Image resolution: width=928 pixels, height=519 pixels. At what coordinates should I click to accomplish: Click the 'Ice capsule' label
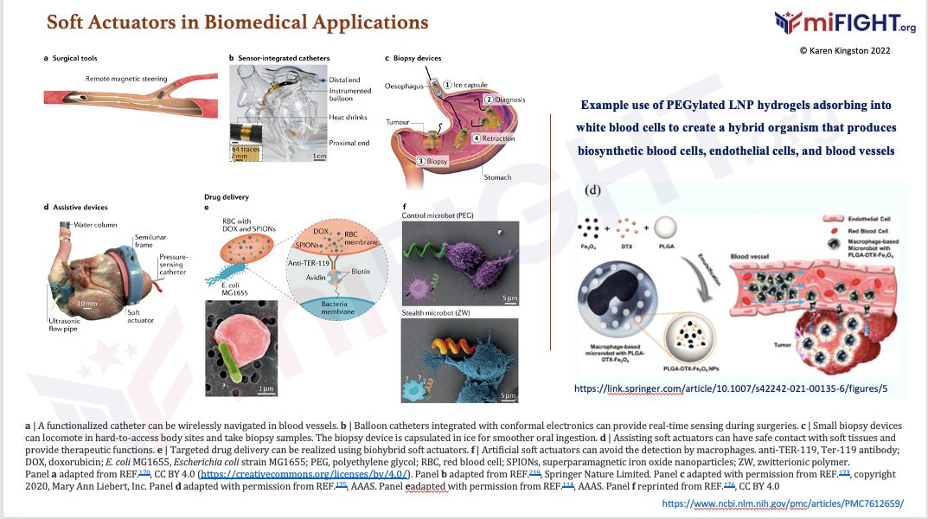point(472,84)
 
